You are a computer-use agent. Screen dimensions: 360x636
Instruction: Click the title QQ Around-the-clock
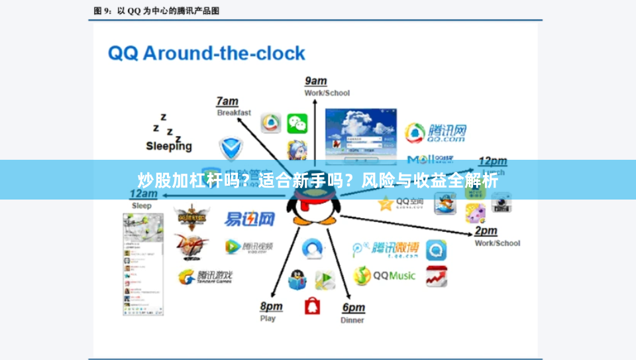pos(206,53)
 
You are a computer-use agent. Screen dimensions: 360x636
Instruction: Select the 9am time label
pos(315,81)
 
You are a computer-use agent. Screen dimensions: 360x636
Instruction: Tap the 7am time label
pos(227,101)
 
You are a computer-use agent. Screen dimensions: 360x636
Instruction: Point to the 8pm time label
pos(271,306)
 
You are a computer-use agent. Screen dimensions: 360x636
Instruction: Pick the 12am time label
pos(143,194)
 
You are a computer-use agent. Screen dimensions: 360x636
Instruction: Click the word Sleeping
pos(169,146)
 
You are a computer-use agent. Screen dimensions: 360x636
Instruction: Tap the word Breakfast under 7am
pos(234,113)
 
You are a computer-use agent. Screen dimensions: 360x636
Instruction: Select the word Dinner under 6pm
pos(352,320)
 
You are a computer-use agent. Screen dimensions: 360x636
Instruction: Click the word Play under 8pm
pos(268,318)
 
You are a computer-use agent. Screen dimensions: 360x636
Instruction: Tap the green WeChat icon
pos(297,123)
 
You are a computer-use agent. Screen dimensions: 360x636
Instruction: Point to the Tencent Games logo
pos(206,277)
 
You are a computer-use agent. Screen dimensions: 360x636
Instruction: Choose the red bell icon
pos(313,306)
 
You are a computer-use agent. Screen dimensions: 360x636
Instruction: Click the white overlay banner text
pos(318,180)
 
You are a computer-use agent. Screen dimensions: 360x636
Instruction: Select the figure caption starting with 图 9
pos(156,11)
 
